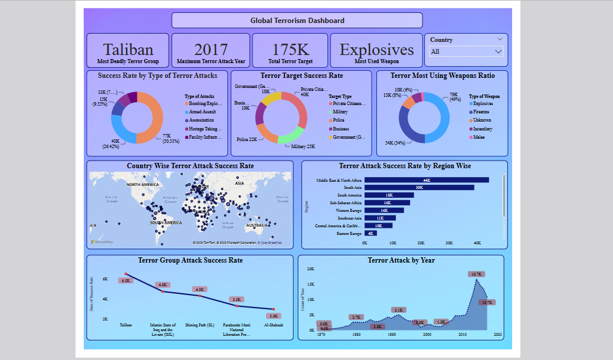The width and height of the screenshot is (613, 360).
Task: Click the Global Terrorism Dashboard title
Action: [297, 20]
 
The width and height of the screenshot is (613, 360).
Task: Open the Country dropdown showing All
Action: [466, 51]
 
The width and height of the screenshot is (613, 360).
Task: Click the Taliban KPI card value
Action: [128, 50]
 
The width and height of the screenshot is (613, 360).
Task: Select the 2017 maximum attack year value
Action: [211, 50]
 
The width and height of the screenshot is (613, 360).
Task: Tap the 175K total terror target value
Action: [290, 50]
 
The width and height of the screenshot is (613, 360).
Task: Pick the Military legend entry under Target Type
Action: [340, 112]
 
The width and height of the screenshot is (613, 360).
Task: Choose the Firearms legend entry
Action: [481, 112]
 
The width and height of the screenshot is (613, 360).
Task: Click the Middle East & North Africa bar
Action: [426, 180]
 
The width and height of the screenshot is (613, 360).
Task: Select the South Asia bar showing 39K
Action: [419, 188]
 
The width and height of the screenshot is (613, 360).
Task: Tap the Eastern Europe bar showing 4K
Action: [366, 234]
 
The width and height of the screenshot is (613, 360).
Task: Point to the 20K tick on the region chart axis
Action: [421, 243]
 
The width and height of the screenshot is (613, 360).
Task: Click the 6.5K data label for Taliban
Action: [126, 280]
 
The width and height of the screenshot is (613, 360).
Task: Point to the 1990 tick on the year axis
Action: [392, 334]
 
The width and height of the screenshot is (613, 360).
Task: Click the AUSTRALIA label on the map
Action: [257, 225]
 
